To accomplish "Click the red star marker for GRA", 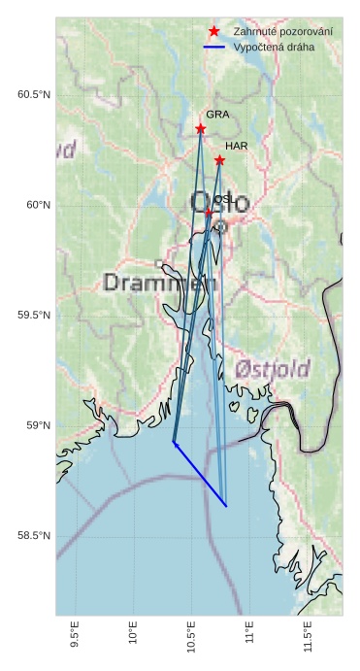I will pos(201,128).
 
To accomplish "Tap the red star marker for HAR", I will pos(219,160).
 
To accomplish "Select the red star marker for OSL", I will pos(208,212).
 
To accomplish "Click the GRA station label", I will pos(217,115).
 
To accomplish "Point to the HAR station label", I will pos(237,146).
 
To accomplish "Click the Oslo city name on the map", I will pos(219,203).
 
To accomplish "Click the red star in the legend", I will pos(213,32).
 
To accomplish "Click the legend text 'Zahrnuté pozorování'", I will pos(282,32).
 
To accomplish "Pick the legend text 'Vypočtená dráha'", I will pos(274,47).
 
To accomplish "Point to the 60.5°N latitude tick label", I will pos(33,94).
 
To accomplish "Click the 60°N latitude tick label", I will pos(37,205).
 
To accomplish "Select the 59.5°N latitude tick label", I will pos(33,316).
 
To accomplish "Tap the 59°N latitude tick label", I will pos(37,425).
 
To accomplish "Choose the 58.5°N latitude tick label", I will pos(33,536).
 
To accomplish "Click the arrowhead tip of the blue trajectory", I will pos(173,442).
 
